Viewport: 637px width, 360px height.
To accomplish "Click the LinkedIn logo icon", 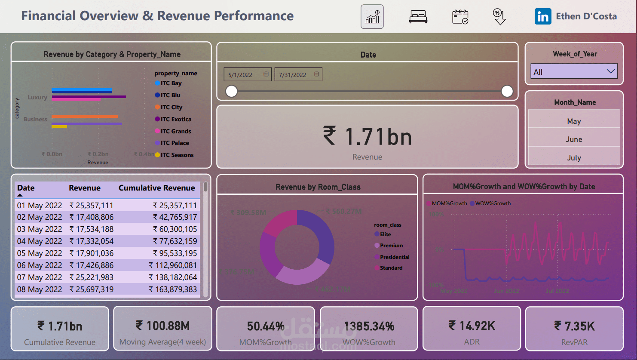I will tap(543, 17).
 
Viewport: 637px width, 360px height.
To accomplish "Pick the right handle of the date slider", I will tap(507, 91).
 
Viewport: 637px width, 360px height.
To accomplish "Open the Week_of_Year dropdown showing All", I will tap(574, 72).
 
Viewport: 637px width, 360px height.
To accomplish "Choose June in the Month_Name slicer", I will tap(574, 139).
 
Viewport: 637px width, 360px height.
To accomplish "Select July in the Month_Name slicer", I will tap(574, 158).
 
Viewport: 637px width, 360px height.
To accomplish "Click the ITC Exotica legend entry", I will tap(175, 119).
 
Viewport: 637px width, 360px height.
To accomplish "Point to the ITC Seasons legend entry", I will tap(177, 155).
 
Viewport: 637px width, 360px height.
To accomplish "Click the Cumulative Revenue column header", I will tap(156, 188).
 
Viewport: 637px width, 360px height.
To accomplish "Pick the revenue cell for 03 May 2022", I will tap(92, 229).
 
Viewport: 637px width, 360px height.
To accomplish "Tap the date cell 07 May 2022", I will tap(40, 277).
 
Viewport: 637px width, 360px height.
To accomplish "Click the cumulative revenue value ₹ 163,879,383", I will tap(173, 289).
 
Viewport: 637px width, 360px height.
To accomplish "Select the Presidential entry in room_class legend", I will tap(394, 257).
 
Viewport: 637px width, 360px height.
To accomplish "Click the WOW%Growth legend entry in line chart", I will tap(493, 203).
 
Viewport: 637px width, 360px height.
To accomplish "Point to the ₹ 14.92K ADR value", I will tap(472, 326).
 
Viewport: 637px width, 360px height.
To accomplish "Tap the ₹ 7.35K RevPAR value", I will tap(574, 326).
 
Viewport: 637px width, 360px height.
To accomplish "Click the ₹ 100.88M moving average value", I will tap(162, 326).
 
